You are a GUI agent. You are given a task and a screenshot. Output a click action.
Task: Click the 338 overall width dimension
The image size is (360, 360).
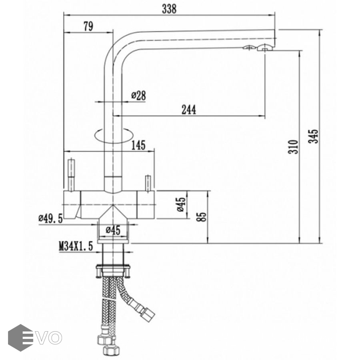click(x=169, y=9)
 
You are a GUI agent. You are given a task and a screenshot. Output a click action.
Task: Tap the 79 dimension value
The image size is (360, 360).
click(x=88, y=26)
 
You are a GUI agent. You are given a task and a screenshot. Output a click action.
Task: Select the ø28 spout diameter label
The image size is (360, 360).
click(x=138, y=95)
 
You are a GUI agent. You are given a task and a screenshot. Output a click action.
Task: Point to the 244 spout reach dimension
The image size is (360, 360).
click(x=189, y=110)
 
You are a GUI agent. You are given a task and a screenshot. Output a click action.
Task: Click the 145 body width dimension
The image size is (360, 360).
click(x=138, y=145)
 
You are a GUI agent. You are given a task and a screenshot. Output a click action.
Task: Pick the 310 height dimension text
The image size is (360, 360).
click(x=293, y=147)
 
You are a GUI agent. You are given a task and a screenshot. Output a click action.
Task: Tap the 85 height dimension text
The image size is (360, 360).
click(x=202, y=216)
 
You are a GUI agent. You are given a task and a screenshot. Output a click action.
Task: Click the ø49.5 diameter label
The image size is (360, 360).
click(x=50, y=218)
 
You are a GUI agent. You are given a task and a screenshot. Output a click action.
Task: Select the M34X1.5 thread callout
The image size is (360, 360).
click(x=76, y=246)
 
